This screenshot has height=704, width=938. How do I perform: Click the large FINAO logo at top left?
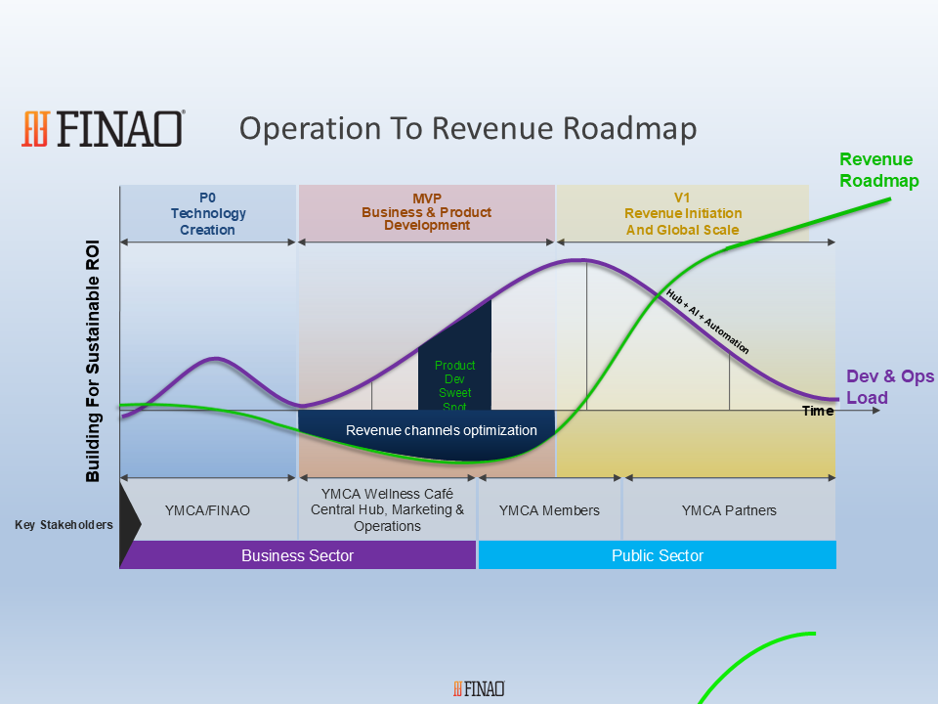pyautogui.click(x=103, y=129)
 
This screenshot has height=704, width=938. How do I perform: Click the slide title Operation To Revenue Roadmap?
pyautogui.click(x=468, y=129)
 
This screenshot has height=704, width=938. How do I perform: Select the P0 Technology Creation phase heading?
pyautogui.click(x=207, y=214)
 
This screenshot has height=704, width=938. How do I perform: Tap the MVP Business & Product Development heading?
pyautogui.click(x=427, y=212)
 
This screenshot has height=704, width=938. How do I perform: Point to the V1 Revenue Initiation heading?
pyautogui.click(x=683, y=214)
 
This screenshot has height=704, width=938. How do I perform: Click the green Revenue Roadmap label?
pyautogui.click(x=878, y=170)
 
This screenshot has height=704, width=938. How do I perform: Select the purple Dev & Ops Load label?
pyautogui.click(x=889, y=387)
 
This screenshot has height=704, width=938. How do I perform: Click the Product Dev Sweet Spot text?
pyautogui.click(x=454, y=385)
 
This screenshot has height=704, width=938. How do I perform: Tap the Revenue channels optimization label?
pyautogui.click(x=442, y=430)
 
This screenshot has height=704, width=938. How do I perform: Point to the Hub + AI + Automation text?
pyautogui.click(x=707, y=322)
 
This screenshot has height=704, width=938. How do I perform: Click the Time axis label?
pyautogui.click(x=818, y=411)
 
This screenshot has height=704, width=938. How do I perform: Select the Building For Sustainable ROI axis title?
pyautogui.click(x=92, y=361)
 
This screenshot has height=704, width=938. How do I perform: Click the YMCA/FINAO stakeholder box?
pyautogui.click(x=207, y=510)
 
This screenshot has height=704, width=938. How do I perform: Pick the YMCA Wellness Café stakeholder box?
pyautogui.click(x=387, y=510)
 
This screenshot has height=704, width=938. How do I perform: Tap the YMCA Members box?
pyautogui.click(x=549, y=510)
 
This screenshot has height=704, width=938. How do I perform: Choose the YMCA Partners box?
pyautogui.click(x=729, y=510)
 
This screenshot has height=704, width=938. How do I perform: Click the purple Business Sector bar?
pyautogui.click(x=298, y=555)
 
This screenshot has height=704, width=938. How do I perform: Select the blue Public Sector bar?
pyautogui.click(x=658, y=555)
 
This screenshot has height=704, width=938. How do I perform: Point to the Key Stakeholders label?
pyautogui.click(x=64, y=525)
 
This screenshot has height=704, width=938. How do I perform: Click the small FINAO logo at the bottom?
pyautogui.click(x=479, y=689)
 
